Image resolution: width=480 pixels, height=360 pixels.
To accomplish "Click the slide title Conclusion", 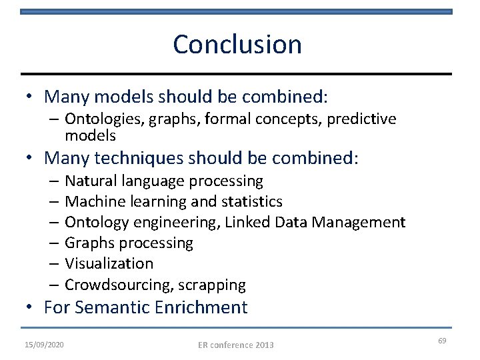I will tap(237, 45).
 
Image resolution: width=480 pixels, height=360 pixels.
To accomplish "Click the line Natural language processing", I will tap(164, 181).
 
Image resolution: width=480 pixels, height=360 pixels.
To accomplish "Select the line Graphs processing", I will tap(129, 243).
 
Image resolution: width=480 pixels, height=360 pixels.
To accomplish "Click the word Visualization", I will tap(109, 264).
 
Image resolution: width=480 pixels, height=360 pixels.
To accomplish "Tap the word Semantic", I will tap(114, 308).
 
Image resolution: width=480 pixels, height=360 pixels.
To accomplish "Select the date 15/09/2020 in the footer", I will tap(45, 344).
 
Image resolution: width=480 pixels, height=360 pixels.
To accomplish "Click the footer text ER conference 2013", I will tap(236, 345).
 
